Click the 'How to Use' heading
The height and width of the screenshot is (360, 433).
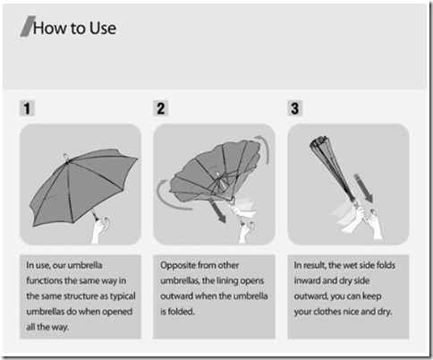pos(74,28)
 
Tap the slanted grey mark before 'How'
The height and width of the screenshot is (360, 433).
pos(28,27)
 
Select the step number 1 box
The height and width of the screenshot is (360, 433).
pos(27,108)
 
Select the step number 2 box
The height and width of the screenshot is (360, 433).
pos(161,108)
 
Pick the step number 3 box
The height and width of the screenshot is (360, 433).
pos(295,108)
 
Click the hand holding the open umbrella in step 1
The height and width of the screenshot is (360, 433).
pos(100,230)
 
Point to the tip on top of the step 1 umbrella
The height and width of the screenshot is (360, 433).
pos(66,158)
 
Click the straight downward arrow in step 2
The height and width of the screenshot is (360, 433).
pos(217,212)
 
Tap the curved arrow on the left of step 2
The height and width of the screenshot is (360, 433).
pos(170,195)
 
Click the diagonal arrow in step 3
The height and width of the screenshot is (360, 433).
pos(364,188)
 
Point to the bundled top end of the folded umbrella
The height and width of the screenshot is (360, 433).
pos(318,141)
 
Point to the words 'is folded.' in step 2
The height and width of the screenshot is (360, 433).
pos(177,312)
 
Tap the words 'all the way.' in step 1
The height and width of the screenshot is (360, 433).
pos(47,327)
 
